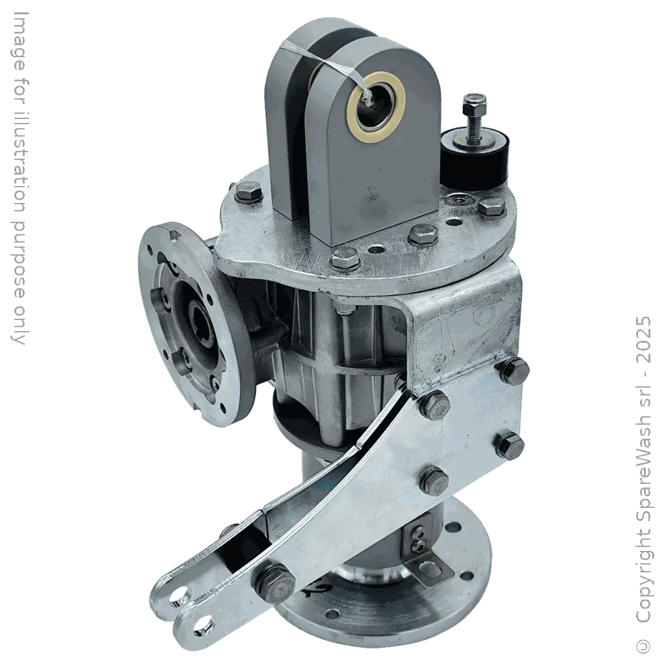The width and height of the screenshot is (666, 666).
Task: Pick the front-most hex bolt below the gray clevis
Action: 345,260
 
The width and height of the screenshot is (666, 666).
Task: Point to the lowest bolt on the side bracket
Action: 433,481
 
